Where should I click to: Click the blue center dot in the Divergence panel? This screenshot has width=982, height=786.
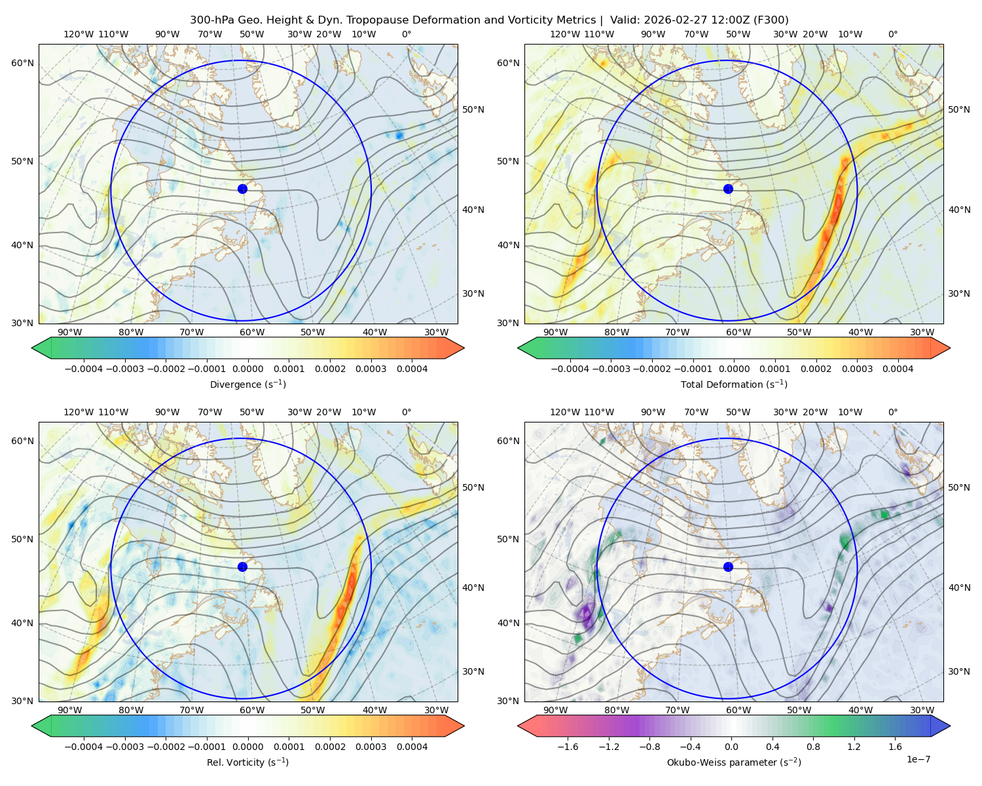(242, 189)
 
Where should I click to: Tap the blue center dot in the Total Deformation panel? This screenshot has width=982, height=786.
(728, 189)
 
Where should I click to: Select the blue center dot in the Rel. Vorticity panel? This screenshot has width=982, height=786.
(242, 567)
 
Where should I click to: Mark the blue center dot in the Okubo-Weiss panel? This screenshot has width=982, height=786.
(728, 567)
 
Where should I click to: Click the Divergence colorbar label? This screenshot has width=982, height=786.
(247, 384)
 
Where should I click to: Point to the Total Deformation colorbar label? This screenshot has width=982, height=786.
(734, 384)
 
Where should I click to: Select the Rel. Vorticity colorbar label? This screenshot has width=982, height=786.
(247, 762)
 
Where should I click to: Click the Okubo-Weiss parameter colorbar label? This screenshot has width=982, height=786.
(734, 762)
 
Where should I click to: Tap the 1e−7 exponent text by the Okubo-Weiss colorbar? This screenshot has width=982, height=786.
(918, 759)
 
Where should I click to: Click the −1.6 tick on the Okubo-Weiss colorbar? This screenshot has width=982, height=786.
(568, 747)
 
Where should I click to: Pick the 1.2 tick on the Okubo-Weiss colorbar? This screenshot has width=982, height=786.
(854, 747)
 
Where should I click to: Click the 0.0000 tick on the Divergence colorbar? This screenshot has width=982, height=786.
(247, 369)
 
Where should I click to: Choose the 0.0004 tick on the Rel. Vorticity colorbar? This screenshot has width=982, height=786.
(412, 747)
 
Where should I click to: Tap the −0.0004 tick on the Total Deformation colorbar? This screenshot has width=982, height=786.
(570, 369)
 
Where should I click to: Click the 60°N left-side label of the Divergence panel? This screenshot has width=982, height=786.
(22, 63)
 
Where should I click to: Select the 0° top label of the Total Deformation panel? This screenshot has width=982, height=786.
(892, 34)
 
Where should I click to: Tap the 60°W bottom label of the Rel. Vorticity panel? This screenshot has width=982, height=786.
(252, 710)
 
